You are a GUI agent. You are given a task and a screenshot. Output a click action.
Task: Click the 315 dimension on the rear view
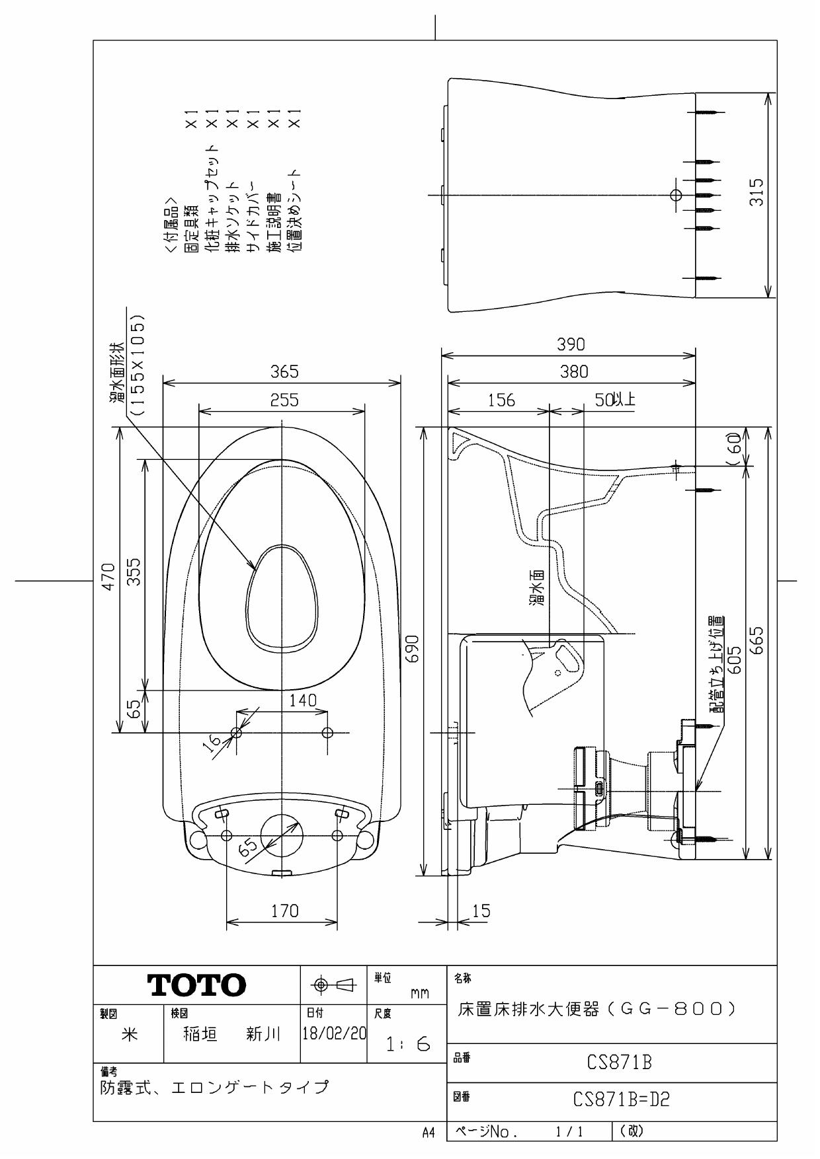click(758, 192)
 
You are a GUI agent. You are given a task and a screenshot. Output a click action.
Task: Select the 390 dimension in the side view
click(569, 345)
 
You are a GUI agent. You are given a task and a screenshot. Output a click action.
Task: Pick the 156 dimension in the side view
click(501, 400)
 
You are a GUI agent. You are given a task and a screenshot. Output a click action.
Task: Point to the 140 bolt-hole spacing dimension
click(304, 700)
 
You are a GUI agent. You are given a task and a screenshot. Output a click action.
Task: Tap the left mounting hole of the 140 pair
click(237, 732)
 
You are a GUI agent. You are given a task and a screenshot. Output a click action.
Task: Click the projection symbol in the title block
click(334, 985)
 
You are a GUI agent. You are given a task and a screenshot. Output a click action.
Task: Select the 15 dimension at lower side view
click(482, 912)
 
